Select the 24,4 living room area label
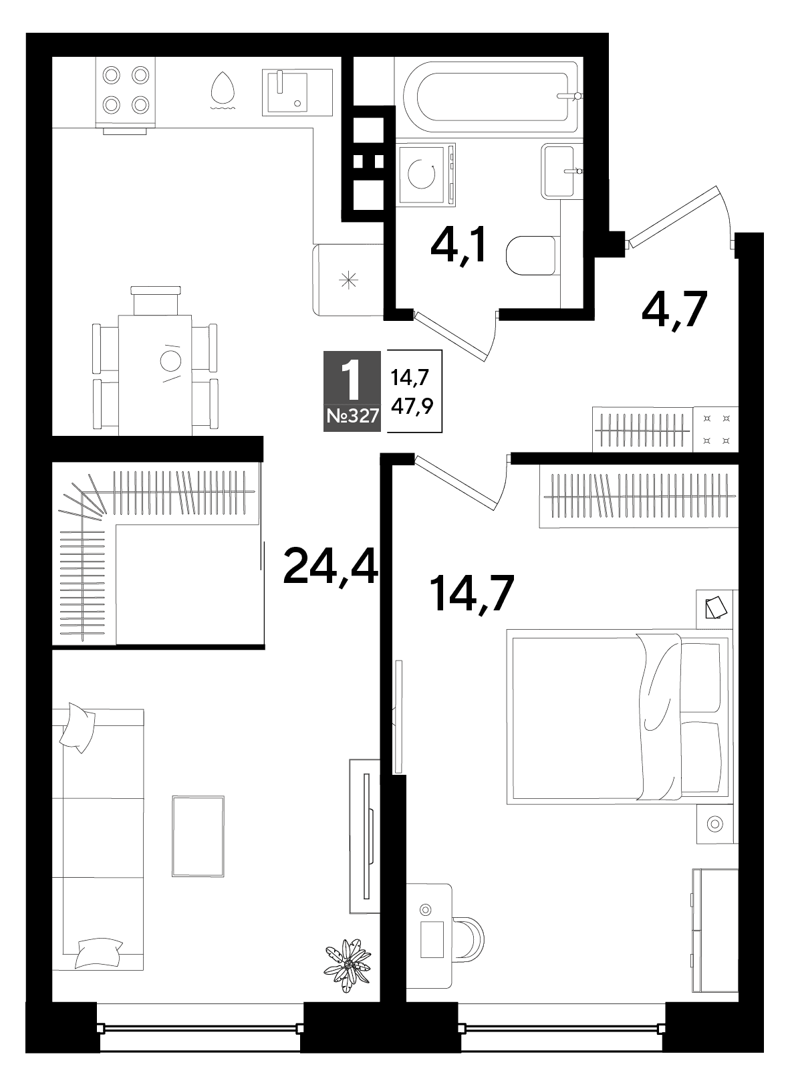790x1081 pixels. click(330, 566)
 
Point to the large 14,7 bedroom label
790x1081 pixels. click(473, 594)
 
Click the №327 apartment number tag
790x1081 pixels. click(352, 416)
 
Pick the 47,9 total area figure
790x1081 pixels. click(412, 407)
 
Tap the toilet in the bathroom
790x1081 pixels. click(533, 255)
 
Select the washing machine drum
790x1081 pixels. click(422, 174)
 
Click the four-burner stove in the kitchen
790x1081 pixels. click(126, 90)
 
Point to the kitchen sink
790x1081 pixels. click(297, 92)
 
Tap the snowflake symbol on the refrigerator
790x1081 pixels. click(348, 280)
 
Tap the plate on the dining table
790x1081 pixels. click(170, 361)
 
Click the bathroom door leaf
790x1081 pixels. click(452, 336)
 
